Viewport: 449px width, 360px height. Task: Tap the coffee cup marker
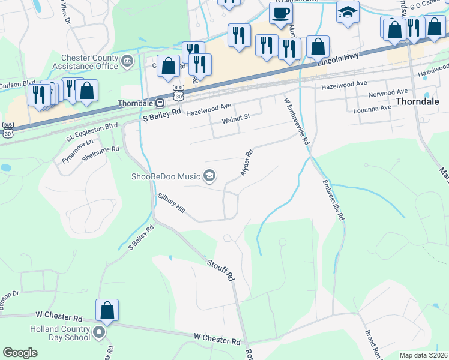pyautogui.click(x=280, y=13)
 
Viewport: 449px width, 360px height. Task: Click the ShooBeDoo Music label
pyautogui.click(x=166, y=176)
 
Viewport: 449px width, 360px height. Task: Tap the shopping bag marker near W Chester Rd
pyautogui.click(x=107, y=310)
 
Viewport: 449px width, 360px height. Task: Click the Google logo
pyautogui.click(x=20, y=353)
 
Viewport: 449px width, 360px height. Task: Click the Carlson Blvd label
pyautogui.click(x=13, y=85)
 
